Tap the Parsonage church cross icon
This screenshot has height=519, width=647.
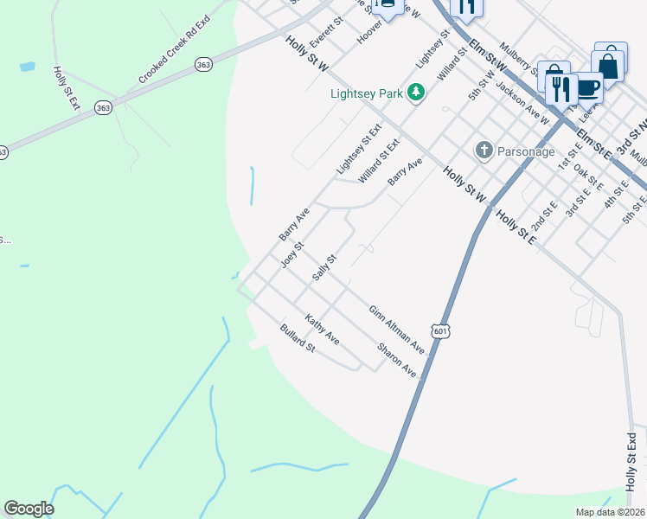[x=484, y=151]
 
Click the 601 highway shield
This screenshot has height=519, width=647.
[x=441, y=331]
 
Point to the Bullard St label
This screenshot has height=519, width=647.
[x=297, y=337]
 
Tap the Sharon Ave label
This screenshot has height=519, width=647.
[x=398, y=361]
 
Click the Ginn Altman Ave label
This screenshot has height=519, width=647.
[x=397, y=329]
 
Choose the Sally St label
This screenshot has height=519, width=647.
[x=323, y=267]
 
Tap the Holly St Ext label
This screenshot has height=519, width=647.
[x=66, y=88]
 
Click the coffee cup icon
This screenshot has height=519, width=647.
[x=588, y=87]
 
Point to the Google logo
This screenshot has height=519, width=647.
[x=29, y=509]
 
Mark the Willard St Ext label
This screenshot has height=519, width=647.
[x=379, y=162]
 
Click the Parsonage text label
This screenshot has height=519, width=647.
[x=526, y=151]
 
